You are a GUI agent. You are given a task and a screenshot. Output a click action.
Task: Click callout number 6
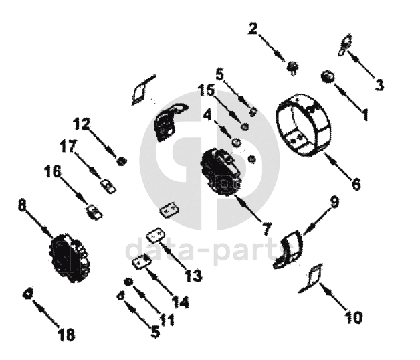pyautogui.click(x=356, y=184)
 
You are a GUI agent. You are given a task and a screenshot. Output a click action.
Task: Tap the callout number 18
pyautogui.click(x=66, y=334)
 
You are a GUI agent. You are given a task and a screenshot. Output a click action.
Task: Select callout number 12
pyautogui.click(x=82, y=124)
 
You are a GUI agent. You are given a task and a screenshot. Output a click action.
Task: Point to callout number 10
pyautogui.click(x=354, y=317)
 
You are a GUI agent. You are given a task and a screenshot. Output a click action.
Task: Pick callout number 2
pyautogui.click(x=253, y=29)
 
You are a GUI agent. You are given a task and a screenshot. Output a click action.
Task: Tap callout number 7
pyautogui.click(x=267, y=229)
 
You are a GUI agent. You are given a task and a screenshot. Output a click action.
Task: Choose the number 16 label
pyautogui.click(x=53, y=171)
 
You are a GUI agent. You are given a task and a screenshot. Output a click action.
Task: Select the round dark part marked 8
pyautogui.click(x=70, y=258)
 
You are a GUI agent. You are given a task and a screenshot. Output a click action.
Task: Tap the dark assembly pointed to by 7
pyautogui.click(x=222, y=172)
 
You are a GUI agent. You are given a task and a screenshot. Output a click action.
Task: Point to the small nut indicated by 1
pyautogui.click(x=328, y=77)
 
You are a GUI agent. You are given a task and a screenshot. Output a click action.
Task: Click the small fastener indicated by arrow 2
pyautogui.click(x=292, y=66)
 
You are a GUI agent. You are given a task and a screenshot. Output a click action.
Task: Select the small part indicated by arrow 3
pyautogui.click(x=344, y=45)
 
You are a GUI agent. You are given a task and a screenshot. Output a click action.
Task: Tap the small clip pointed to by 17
pyautogui.click(x=108, y=186)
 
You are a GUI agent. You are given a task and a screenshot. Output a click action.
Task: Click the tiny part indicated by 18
pyautogui.click(x=27, y=294)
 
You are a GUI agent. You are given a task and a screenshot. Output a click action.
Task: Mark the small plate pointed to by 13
pyautogui.click(x=155, y=235)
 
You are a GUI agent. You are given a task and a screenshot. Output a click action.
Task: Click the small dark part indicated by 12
pyautogui.click(x=122, y=161)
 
